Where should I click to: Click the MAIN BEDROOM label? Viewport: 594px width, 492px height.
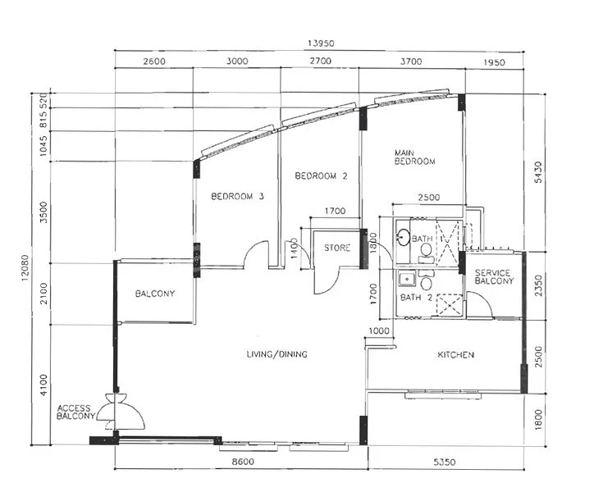(x=414, y=157)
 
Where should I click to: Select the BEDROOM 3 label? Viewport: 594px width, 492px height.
(x=237, y=196)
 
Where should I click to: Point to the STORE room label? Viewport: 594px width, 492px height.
(x=336, y=248)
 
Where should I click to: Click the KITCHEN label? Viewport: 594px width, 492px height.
(x=455, y=355)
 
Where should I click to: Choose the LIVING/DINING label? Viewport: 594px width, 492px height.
(x=276, y=354)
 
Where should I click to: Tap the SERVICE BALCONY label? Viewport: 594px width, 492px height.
(x=494, y=277)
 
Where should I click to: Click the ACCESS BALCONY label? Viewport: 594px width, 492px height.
(x=75, y=412)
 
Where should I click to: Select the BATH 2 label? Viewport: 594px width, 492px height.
(x=416, y=297)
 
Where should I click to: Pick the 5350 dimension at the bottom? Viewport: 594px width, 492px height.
(x=443, y=462)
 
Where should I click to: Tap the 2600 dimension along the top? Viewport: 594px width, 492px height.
(x=154, y=61)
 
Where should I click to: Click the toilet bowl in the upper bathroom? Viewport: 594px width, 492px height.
(x=426, y=249)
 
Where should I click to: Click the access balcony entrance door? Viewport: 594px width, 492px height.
(x=121, y=410)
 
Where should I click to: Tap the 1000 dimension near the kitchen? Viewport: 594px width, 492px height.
(x=378, y=330)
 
